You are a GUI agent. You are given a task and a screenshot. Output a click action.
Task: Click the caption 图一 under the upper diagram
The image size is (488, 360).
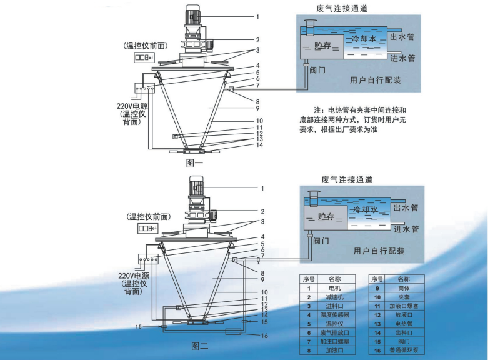point(196,163)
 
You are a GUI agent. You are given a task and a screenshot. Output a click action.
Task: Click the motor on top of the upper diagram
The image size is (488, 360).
point(195,16)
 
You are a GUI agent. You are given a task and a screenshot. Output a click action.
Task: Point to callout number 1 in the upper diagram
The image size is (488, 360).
point(257,16)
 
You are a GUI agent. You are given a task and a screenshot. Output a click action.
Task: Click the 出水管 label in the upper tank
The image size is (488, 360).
point(402,37)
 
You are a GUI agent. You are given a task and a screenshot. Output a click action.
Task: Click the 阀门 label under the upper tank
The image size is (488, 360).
point(318,70)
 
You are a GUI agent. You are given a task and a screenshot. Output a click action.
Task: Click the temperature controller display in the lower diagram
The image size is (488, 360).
point(148,229)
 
